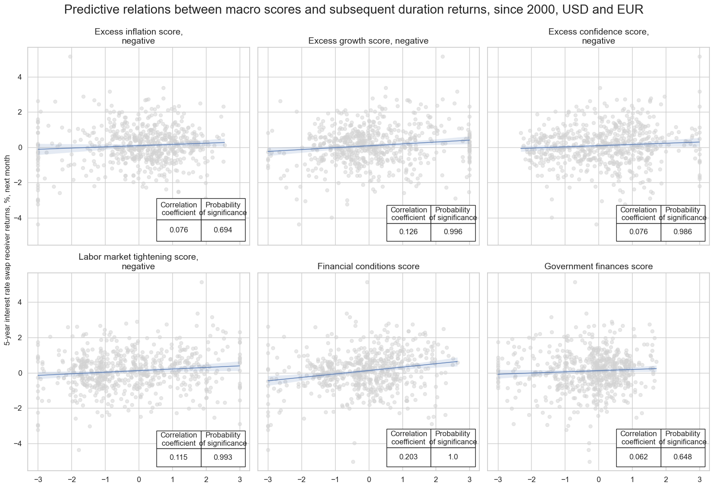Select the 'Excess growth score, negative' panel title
(368, 41)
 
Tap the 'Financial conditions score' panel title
(368, 267)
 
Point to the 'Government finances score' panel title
(598, 267)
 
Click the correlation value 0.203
(408, 457)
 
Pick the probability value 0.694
(223, 230)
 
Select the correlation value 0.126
(408, 232)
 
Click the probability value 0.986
(683, 232)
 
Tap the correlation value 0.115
(178, 458)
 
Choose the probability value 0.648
(683, 457)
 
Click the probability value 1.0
(453, 457)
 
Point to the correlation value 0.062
(639, 457)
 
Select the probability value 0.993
(223, 458)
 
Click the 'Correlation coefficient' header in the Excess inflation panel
(179, 209)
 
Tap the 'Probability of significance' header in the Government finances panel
(683, 438)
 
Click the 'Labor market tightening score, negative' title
(138, 262)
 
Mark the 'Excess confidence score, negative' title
(598, 36)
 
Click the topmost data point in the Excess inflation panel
(70, 57)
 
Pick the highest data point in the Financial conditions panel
(367, 282)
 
